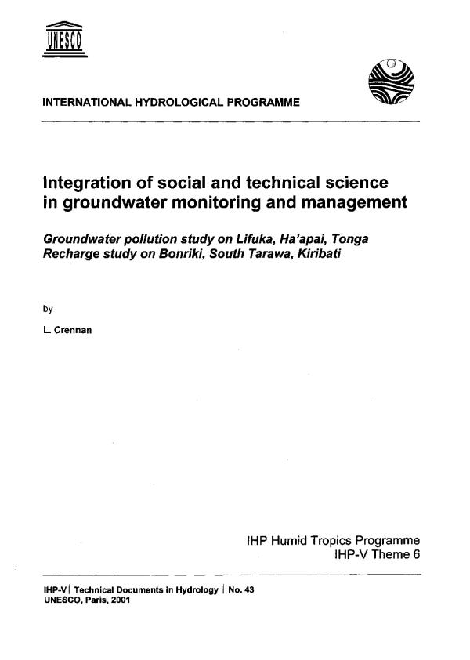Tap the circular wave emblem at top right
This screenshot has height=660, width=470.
coord(389,85)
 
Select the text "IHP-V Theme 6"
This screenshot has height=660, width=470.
coord(378,555)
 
